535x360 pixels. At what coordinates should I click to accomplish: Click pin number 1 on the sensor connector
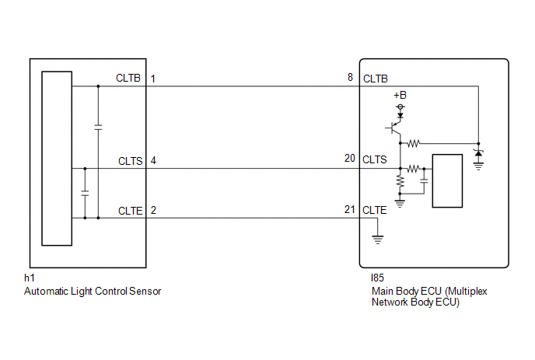(x=153, y=79)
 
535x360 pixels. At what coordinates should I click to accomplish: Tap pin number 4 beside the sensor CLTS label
(x=153, y=160)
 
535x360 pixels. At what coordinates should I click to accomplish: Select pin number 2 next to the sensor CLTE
(x=153, y=210)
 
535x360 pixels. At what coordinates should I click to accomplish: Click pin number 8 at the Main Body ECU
(x=350, y=78)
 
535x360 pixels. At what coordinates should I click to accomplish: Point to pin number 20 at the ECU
(x=350, y=159)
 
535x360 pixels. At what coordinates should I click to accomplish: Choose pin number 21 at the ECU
(x=350, y=209)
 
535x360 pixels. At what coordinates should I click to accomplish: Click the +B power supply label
(x=400, y=95)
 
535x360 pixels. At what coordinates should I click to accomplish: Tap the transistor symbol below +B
(x=394, y=128)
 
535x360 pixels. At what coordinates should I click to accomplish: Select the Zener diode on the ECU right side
(x=478, y=153)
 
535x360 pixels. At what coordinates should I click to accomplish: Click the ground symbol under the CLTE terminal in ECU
(x=377, y=239)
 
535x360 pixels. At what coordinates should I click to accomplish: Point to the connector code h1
(x=30, y=278)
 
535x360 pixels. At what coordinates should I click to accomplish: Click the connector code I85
(x=377, y=278)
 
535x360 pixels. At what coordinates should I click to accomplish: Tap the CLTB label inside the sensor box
(x=128, y=78)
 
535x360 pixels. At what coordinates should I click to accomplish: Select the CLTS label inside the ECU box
(x=375, y=159)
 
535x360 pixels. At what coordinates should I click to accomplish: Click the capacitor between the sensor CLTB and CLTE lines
(x=98, y=128)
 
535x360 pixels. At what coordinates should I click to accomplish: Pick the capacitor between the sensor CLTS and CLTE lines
(x=85, y=193)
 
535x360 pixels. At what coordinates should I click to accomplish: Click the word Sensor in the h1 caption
(x=145, y=292)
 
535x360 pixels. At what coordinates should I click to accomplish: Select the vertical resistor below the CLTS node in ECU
(x=400, y=181)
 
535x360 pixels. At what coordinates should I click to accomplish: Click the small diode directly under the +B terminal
(x=400, y=115)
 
